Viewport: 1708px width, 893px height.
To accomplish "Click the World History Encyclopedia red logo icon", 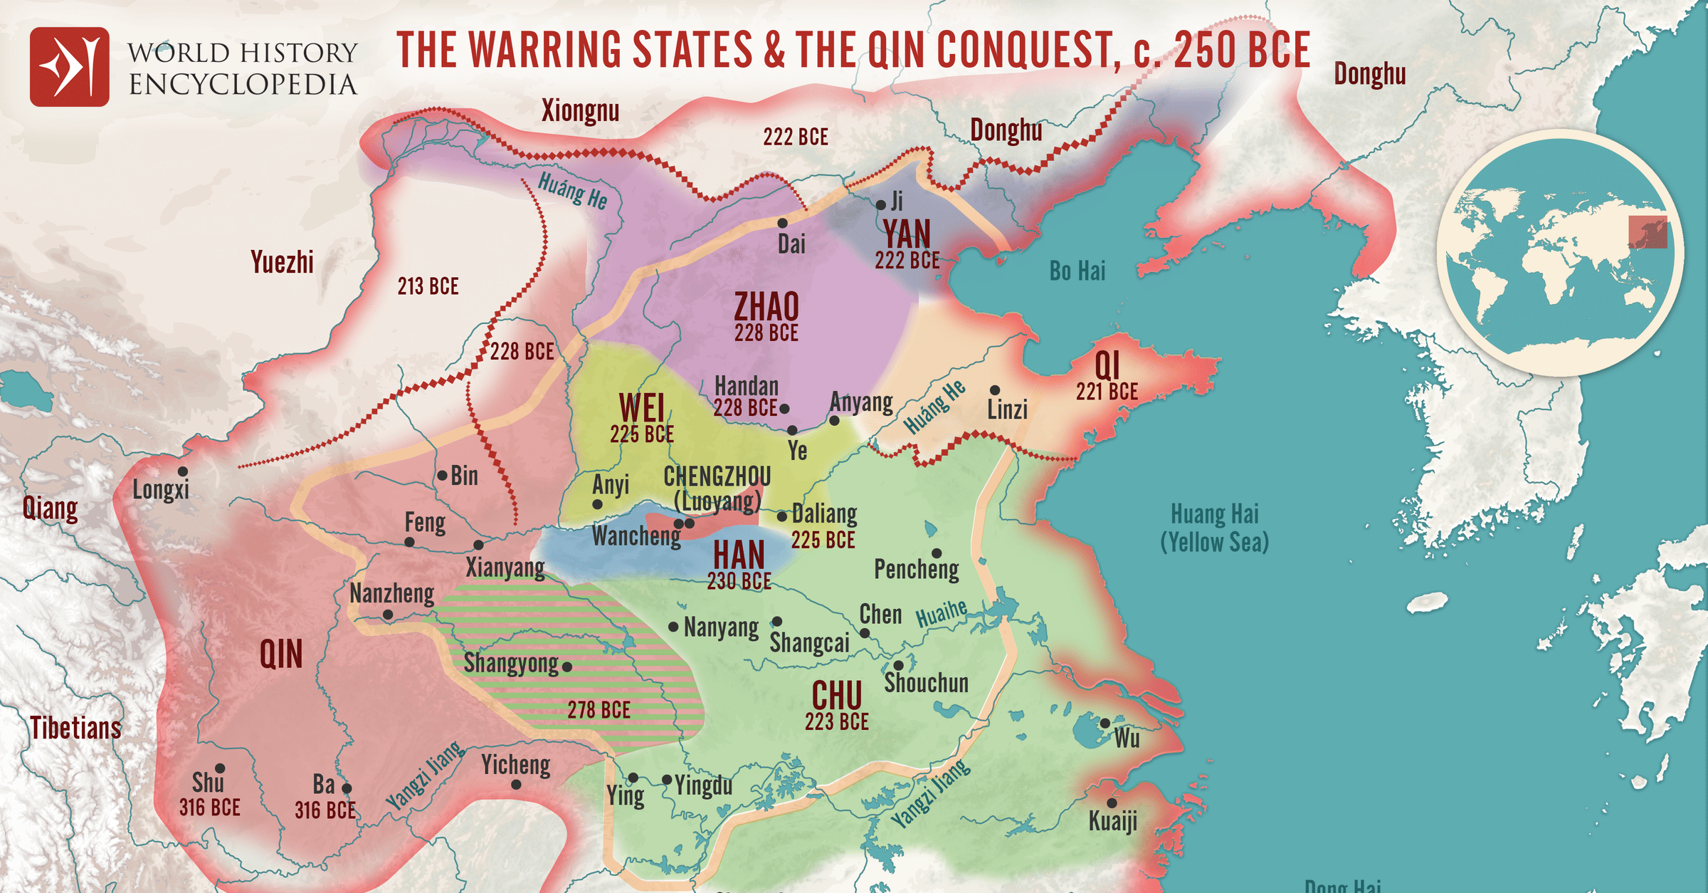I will [x=69, y=67].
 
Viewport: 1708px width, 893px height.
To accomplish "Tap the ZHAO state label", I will [x=766, y=307].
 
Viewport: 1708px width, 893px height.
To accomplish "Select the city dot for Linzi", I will [x=995, y=390].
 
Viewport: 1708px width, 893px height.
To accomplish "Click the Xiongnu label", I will [x=580, y=111].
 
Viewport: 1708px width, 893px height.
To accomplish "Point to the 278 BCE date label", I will [x=599, y=710].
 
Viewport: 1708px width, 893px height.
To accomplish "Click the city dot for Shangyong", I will [x=567, y=667].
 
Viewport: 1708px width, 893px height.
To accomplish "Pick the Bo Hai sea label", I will [x=1077, y=271].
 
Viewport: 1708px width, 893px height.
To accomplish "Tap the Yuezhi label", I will [x=282, y=263].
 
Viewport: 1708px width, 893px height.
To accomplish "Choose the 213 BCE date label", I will [x=428, y=286].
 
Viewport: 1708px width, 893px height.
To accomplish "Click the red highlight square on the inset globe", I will [x=1648, y=233].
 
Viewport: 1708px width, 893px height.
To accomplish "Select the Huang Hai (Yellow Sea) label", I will [x=1215, y=528].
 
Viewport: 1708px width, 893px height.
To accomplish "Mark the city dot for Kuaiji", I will [x=1112, y=803].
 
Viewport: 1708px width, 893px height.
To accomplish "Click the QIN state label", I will [x=280, y=654].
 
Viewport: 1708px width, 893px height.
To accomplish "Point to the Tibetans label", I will [x=75, y=728].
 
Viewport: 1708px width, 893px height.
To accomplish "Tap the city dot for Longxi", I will [x=183, y=471].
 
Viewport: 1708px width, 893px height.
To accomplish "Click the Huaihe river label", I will [x=941, y=613].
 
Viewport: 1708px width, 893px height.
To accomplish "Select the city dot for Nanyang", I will [x=673, y=627].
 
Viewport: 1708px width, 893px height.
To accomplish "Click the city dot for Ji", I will [x=880, y=205].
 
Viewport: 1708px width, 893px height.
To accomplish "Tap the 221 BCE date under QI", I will [x=1107, y=392].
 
